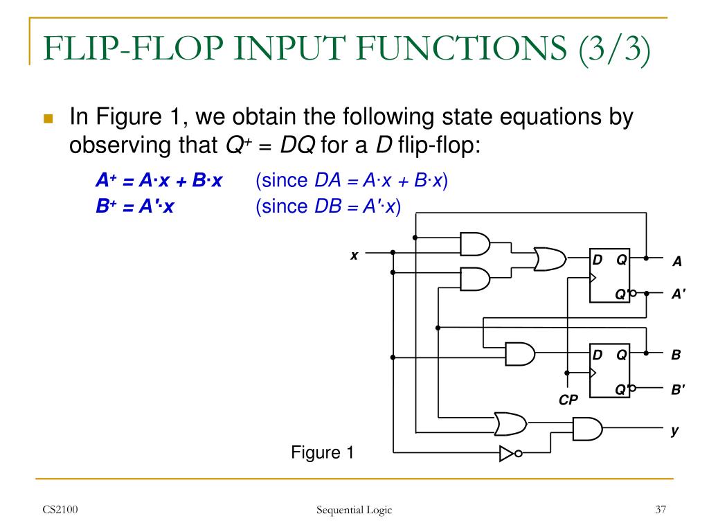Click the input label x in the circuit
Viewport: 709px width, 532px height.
(354, 255)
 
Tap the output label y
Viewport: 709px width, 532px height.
(674, 430)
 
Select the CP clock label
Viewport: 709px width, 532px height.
(568, 400)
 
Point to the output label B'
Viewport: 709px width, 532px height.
(678, 389)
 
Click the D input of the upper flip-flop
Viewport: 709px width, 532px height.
(597, 260)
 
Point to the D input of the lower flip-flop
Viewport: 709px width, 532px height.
(597, 355)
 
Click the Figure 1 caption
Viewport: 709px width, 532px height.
(322, 453)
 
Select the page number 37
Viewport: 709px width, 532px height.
(660, 511)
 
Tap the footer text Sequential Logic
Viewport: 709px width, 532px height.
(354, 511)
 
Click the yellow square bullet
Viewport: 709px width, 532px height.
(48, 118)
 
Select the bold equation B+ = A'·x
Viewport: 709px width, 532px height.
(134, 206)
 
